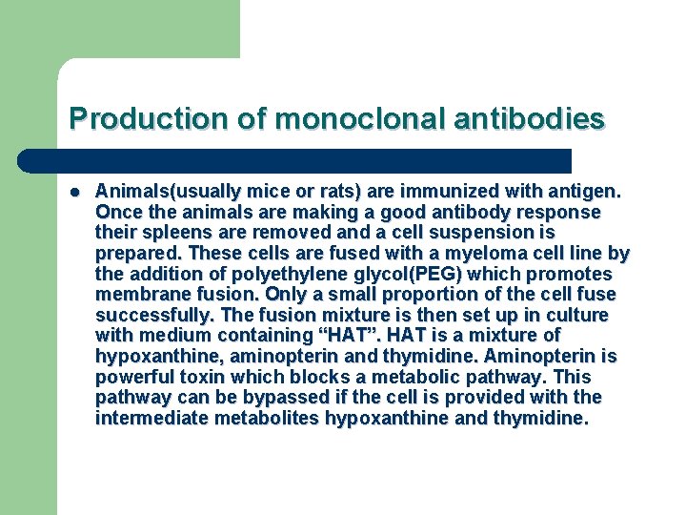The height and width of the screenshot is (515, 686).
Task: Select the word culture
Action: pos(577,315)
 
